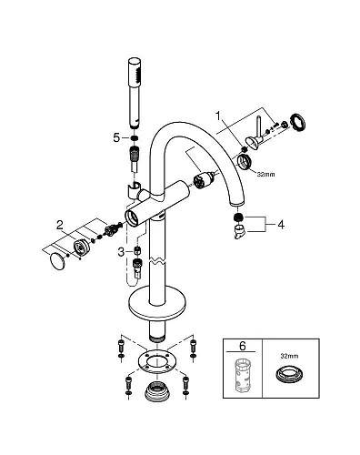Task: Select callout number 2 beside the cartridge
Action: (59, 223)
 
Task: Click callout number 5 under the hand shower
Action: (116, 137)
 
